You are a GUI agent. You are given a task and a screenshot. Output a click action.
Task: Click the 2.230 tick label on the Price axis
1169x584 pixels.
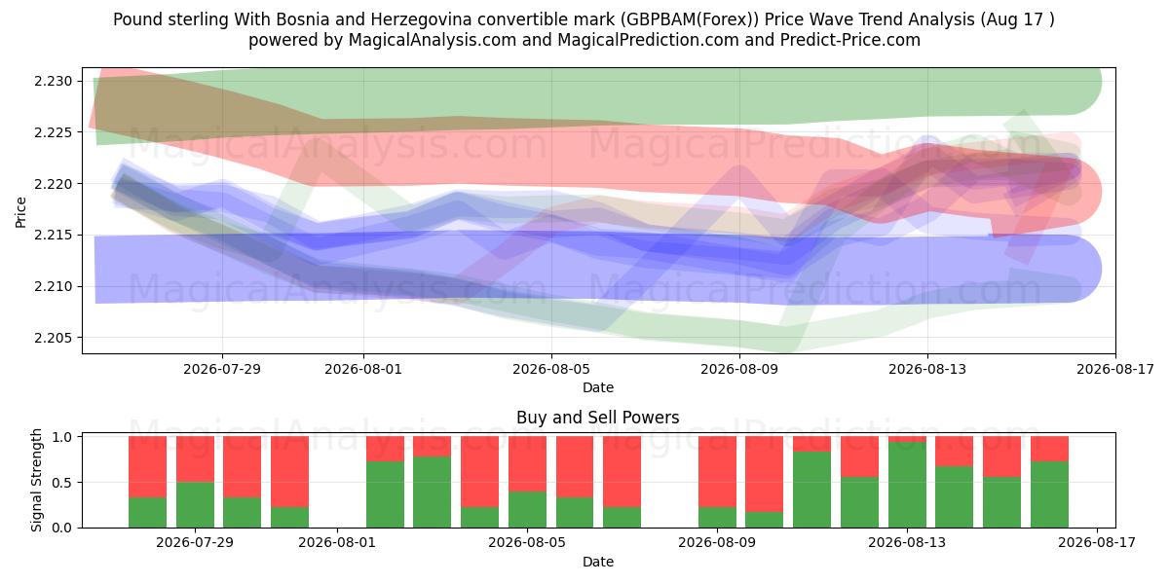click(x=54, y=82)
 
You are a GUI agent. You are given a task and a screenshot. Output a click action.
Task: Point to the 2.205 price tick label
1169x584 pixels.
click(x=54, y=338)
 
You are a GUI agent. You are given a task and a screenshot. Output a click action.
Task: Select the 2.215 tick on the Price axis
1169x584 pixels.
click(x=54, y=236)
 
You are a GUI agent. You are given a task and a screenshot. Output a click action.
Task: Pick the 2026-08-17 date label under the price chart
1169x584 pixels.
click(x=1115, y=369)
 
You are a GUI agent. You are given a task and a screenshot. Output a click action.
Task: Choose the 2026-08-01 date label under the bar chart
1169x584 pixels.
click(x=337, y=542)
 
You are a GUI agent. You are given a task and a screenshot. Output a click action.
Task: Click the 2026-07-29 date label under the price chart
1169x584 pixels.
click(x=222, y=369)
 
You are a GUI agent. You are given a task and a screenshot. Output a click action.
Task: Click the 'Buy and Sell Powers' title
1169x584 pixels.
click(x=597, y=418)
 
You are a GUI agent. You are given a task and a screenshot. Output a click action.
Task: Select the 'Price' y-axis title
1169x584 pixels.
click(x=20, y=212)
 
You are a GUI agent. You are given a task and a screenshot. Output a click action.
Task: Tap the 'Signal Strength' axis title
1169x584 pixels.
click(x=36, y=480)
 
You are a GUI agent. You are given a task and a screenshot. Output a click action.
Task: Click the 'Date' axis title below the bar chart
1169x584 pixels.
click(x=598, y=562)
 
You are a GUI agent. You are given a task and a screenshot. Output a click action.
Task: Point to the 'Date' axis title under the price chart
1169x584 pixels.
click(x=598, y=387)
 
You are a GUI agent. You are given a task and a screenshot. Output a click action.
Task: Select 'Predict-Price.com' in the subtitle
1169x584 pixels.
click(x=850, y=40)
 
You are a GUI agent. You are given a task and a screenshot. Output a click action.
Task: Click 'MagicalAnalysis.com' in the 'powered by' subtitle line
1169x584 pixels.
click(x=433, y=40)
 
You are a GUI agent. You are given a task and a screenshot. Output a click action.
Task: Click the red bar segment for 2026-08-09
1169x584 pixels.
click(x=718, y=472)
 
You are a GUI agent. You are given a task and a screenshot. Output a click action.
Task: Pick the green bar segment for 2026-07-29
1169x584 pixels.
click(x=195, y=505)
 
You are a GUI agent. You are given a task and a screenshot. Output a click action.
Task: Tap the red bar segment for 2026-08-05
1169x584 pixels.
click(x=528, y=464)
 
